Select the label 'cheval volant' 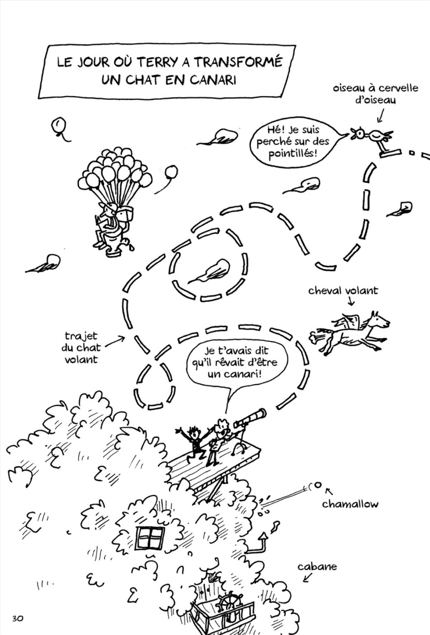click(343, 291)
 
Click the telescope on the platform click(250, 418)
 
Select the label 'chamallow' click(350, 504)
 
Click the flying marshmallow click(317, 485)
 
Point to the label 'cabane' click(317, 567)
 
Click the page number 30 click(18, 618)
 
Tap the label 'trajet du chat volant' click(81, 347)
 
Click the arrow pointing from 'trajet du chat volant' click(114, 341)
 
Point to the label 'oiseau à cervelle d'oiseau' click(375, 94)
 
